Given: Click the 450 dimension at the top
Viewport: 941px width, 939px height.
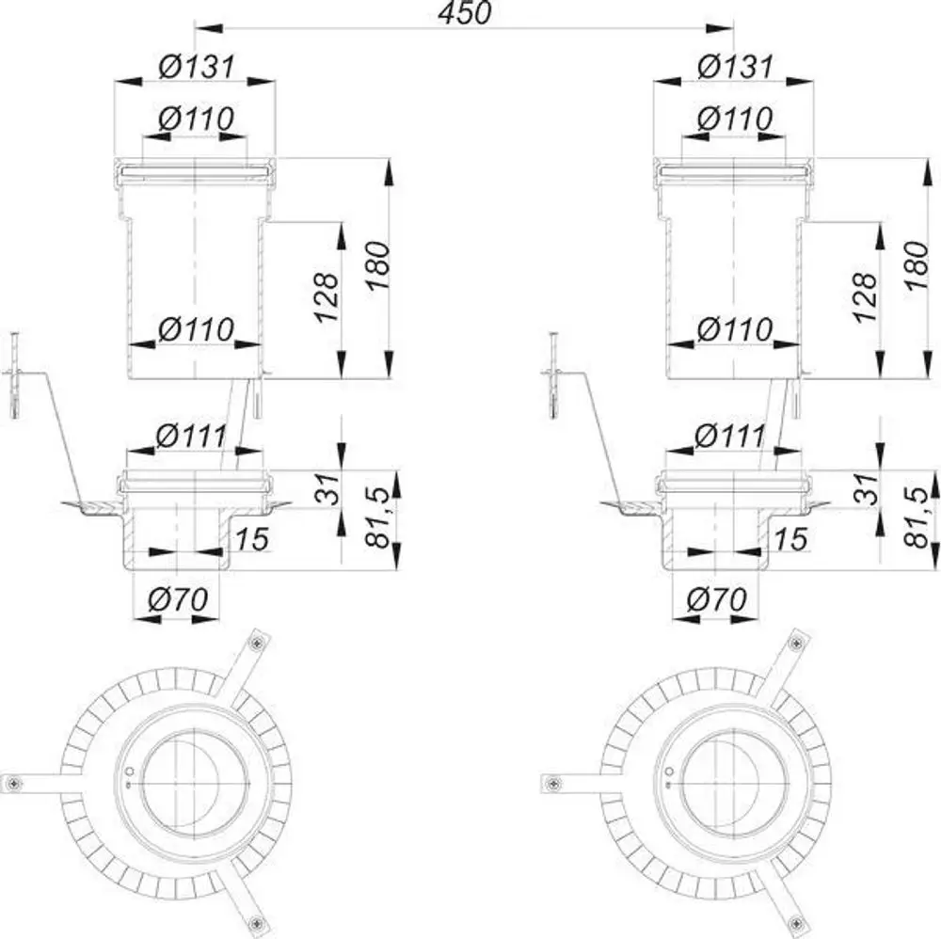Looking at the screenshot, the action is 464,12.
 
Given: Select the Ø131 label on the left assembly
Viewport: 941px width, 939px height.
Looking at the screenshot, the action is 197,67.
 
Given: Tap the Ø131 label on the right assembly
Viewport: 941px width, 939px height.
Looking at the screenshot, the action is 735,67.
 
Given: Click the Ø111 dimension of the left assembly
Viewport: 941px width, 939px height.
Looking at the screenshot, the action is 191,436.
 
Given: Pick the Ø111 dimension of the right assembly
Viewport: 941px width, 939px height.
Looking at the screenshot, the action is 730,436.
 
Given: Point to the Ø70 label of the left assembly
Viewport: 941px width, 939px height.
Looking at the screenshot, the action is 178,598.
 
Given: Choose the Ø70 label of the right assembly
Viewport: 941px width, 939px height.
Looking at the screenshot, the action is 717,598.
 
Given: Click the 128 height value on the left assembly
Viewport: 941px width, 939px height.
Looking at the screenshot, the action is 327,297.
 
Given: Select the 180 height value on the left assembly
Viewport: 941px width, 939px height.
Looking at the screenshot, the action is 378,266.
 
